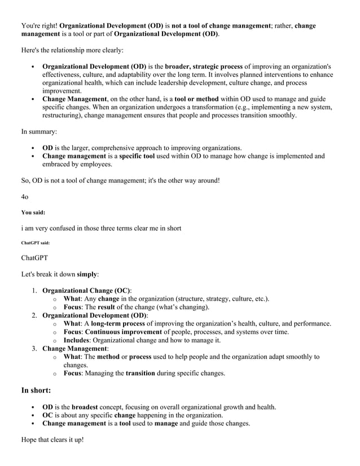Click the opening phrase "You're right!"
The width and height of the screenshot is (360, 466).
39,25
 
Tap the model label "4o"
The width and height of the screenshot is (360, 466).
25,196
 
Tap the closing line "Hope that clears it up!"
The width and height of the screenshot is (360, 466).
52,440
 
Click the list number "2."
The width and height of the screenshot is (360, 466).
34,315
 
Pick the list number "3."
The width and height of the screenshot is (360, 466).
34,349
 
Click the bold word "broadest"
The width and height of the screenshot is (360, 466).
88,407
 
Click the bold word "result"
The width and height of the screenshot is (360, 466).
116,307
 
